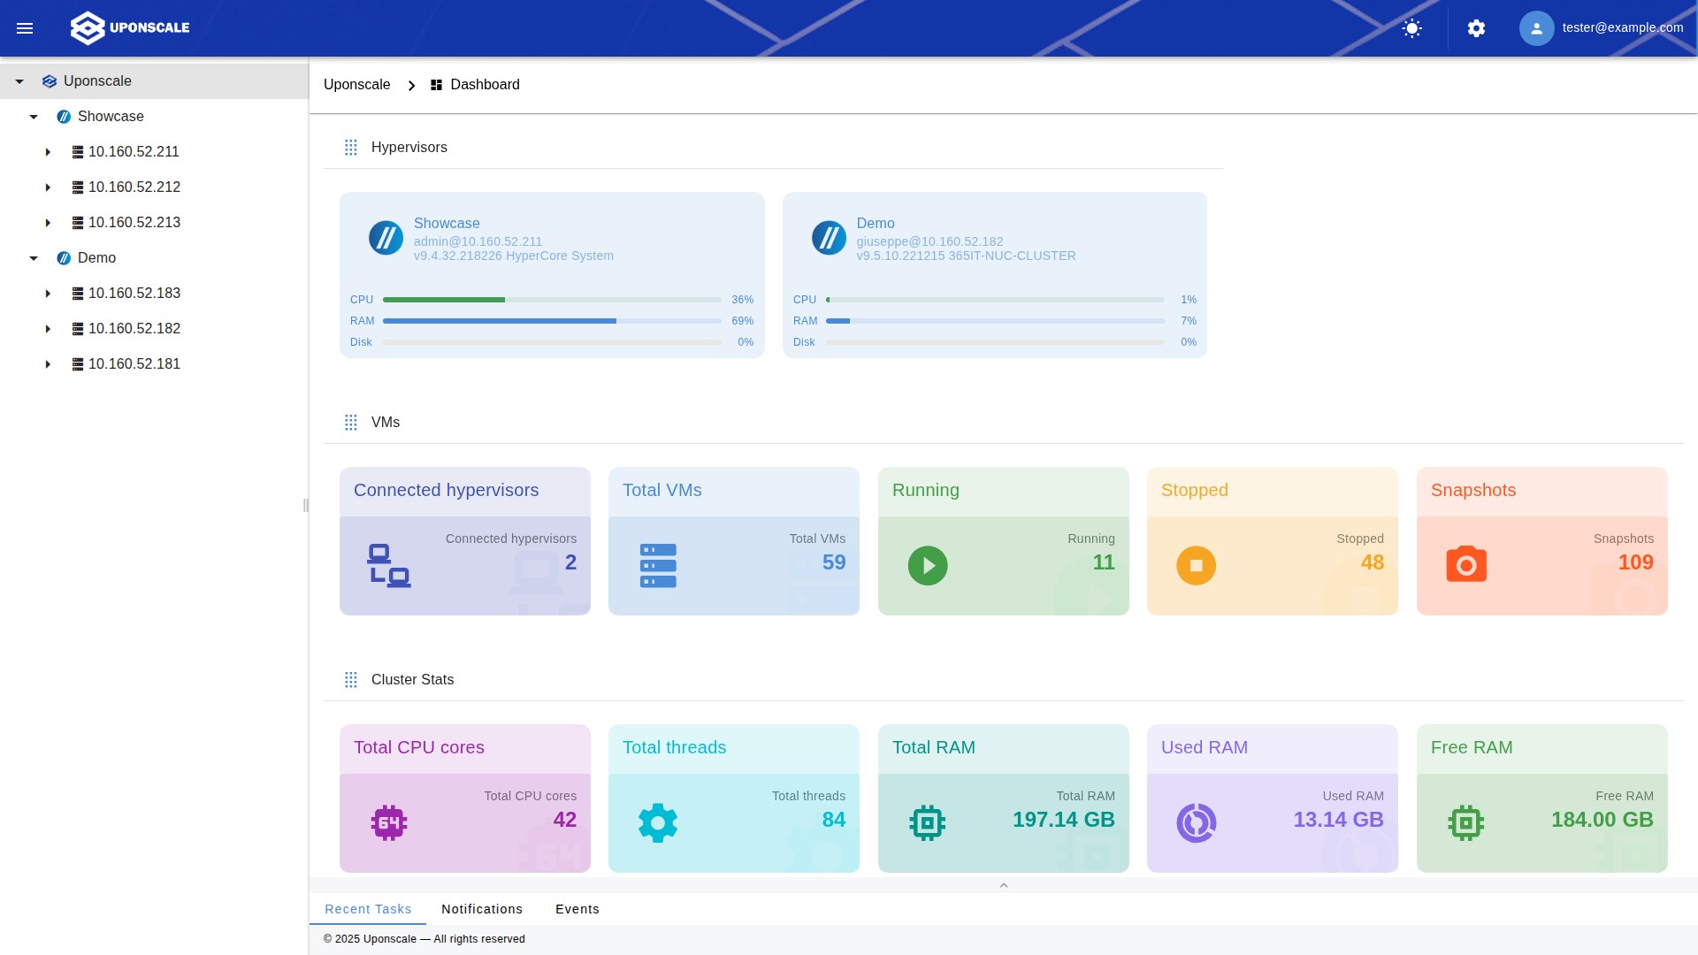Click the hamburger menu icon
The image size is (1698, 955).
click(25, 28)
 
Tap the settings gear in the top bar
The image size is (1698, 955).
click(1476, 28)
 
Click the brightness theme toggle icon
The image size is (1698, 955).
click(1412, 28)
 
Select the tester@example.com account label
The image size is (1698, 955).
click(1622, 27)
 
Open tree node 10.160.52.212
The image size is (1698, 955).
click(134, 187)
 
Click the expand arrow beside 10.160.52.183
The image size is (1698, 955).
click(48, 294)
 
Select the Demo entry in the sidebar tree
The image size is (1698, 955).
click(96, 258)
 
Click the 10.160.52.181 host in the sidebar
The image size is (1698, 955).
click(134, 364)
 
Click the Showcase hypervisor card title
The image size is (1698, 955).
click(447, 224)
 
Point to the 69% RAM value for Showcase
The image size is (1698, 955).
click(742, 321)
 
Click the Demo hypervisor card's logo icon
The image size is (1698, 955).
click(829, 238)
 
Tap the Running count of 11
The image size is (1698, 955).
click(1103, 562)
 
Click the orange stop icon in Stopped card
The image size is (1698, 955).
click(1196, 566)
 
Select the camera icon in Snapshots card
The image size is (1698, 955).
click(1465, 565)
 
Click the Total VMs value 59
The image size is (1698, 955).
click(833, 562)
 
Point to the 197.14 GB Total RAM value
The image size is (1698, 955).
click(1063, 820)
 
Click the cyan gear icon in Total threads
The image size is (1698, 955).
click(657, 823)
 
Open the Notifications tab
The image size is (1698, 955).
click(482, 909)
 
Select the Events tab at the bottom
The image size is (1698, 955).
click(577, 909)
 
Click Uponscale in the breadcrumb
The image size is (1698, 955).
click(356, 85)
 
